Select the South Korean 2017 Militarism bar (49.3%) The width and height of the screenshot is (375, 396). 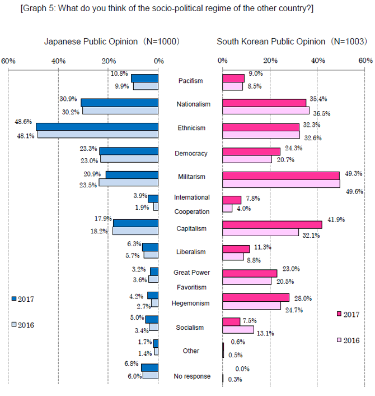(281, 176)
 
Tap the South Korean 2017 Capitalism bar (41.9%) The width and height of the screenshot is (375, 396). (272, 224)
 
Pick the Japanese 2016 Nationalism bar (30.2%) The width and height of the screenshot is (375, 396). (120, 110)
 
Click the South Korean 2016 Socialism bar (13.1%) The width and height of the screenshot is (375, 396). (238, 330)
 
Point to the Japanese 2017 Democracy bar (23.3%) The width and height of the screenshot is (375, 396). (129, 151)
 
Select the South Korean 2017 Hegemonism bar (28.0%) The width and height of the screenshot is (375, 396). (256, 297)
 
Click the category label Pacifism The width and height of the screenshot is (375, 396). (190, 81)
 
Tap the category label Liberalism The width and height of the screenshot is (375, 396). (190, 252)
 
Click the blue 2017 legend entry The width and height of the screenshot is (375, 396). (22, 299)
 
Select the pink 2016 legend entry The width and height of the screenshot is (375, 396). (348, 340)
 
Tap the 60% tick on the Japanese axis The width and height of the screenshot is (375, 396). (8, 60)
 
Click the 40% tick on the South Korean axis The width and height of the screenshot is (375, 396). (318, 60)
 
